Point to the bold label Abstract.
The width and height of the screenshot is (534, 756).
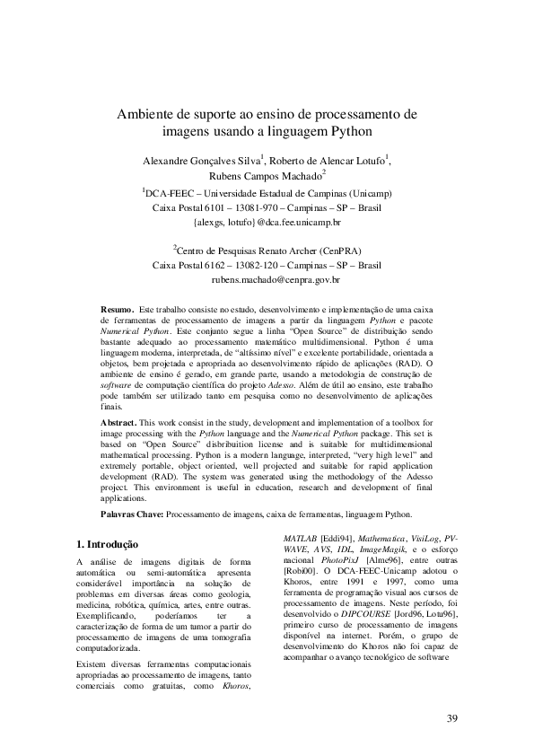[118, 421]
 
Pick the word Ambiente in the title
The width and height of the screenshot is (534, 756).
[147, 116]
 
